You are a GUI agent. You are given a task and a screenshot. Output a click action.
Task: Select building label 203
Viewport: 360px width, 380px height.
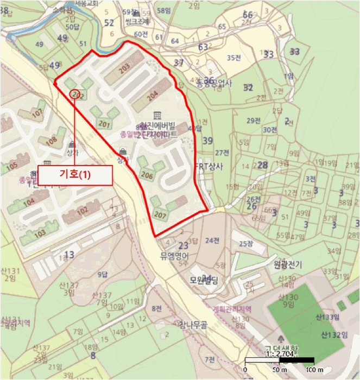click(124, 68)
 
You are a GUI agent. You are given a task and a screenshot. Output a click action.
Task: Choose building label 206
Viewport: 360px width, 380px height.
click(147, 175)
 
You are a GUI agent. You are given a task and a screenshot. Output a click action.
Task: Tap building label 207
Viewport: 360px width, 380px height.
click(159, 214)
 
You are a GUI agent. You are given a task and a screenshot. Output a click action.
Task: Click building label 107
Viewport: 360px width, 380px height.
click(37, 113)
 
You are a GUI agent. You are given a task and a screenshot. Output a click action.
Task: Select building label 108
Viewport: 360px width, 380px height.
click(51, 141)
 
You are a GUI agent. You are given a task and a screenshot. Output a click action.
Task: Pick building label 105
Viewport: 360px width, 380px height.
click(11, 164)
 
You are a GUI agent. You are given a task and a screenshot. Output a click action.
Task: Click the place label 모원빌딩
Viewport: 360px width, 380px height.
click(203, 281)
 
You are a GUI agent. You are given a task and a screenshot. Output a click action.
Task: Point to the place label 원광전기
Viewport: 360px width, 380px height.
click(287, 264)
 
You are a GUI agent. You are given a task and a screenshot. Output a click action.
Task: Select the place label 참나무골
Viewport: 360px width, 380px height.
click(193, 325)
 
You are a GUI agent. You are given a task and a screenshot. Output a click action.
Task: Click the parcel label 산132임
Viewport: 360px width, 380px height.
click(334, 334)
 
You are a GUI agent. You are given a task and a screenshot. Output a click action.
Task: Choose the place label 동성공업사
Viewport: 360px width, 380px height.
click(214, 83)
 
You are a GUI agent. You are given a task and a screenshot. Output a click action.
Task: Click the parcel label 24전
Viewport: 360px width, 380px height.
click(213, 240)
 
